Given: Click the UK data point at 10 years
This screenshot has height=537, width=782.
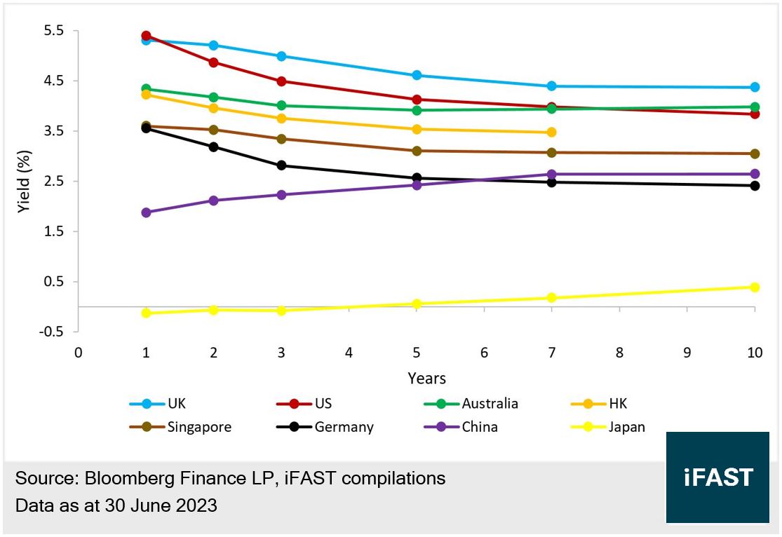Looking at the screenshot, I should [x=755, y=87].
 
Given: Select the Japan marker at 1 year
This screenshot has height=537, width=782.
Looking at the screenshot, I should [x=146, y=313].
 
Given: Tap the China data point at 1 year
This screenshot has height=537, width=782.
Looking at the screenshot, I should [x=146, y=212].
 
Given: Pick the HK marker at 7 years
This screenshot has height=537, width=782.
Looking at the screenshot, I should [x=551, y=132].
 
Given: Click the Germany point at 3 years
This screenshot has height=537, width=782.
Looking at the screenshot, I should [x=281, y=165].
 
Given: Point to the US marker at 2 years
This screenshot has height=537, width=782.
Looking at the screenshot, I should [x=213, y=62].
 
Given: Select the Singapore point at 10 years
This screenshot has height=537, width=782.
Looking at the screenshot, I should [x=755, y=154].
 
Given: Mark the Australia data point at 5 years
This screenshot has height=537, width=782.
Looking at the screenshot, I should [x=417, y=110].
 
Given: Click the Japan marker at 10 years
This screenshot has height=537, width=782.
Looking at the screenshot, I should [x=755, y=287].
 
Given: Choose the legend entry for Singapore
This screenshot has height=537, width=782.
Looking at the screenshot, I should [x=199, y=427].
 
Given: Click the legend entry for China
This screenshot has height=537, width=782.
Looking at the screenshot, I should [x=480, y=427].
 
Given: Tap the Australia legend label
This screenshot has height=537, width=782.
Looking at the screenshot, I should [x=490, y=404].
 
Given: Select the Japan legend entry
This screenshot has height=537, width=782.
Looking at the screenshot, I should [x=627, y=427].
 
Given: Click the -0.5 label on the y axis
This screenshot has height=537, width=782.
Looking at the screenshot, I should [x=52, y=332].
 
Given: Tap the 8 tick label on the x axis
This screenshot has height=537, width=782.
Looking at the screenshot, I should [x=619, y=353].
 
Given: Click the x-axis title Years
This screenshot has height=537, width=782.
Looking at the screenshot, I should [x=426, y=379].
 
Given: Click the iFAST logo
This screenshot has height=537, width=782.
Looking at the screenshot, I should [x=717, y=477].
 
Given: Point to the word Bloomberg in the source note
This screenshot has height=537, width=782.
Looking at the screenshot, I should [x=126, y=479].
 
